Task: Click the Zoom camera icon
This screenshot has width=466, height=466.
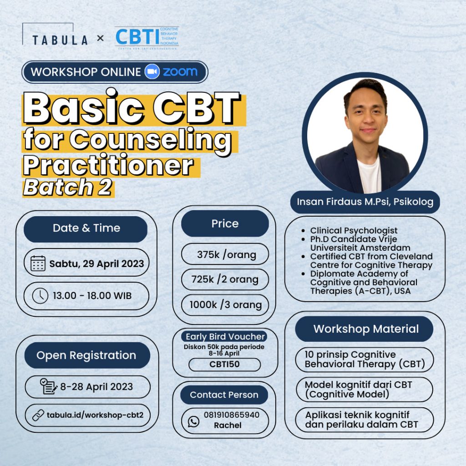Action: (x=152, y=72)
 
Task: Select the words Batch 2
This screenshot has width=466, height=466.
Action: (x=68, y=187)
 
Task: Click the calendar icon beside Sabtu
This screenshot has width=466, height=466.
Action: (x=38, y=263)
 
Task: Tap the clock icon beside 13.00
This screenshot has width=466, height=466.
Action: (x=40, y=296)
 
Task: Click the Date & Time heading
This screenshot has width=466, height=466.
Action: (x=86, y=228)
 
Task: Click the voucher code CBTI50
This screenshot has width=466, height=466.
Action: (x=224, y=365)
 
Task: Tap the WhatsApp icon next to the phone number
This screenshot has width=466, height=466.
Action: (x=194, y=421)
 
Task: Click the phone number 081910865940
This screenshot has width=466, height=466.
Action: (x=232, y=415)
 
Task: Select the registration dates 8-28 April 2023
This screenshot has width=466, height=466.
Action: (x=96, y=387)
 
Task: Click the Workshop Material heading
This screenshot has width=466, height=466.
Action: (x=365, y=329)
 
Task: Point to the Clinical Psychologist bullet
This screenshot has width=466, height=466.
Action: (x=354, y=231)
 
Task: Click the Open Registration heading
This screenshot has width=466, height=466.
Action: (x=86, y=355)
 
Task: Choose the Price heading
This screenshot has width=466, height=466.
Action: (x=224, y=223)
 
